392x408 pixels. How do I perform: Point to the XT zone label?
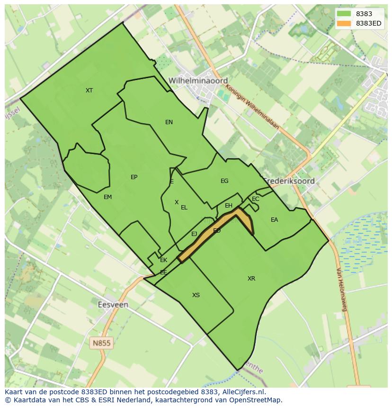coord(89,91)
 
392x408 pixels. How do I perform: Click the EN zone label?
coord(169,122)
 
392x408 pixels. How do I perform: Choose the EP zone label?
coord(134,177)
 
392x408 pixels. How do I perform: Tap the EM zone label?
coord(107,197)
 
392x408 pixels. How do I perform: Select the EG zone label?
coord(224,181)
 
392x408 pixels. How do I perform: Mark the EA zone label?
coord(275,220)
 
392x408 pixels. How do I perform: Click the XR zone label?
coord(251,279)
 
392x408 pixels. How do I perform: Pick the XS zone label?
coord(196,295)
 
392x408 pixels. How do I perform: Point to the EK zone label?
coord(164,260)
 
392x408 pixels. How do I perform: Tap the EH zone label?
coord(229,206)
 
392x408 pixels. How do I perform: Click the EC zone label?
coord(256,199)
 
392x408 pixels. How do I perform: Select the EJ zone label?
coord(194,234)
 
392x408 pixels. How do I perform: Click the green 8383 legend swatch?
coord(344,14)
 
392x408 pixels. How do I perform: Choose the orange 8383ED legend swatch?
coord(344,23)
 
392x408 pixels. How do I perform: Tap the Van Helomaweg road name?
coord(342,289)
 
